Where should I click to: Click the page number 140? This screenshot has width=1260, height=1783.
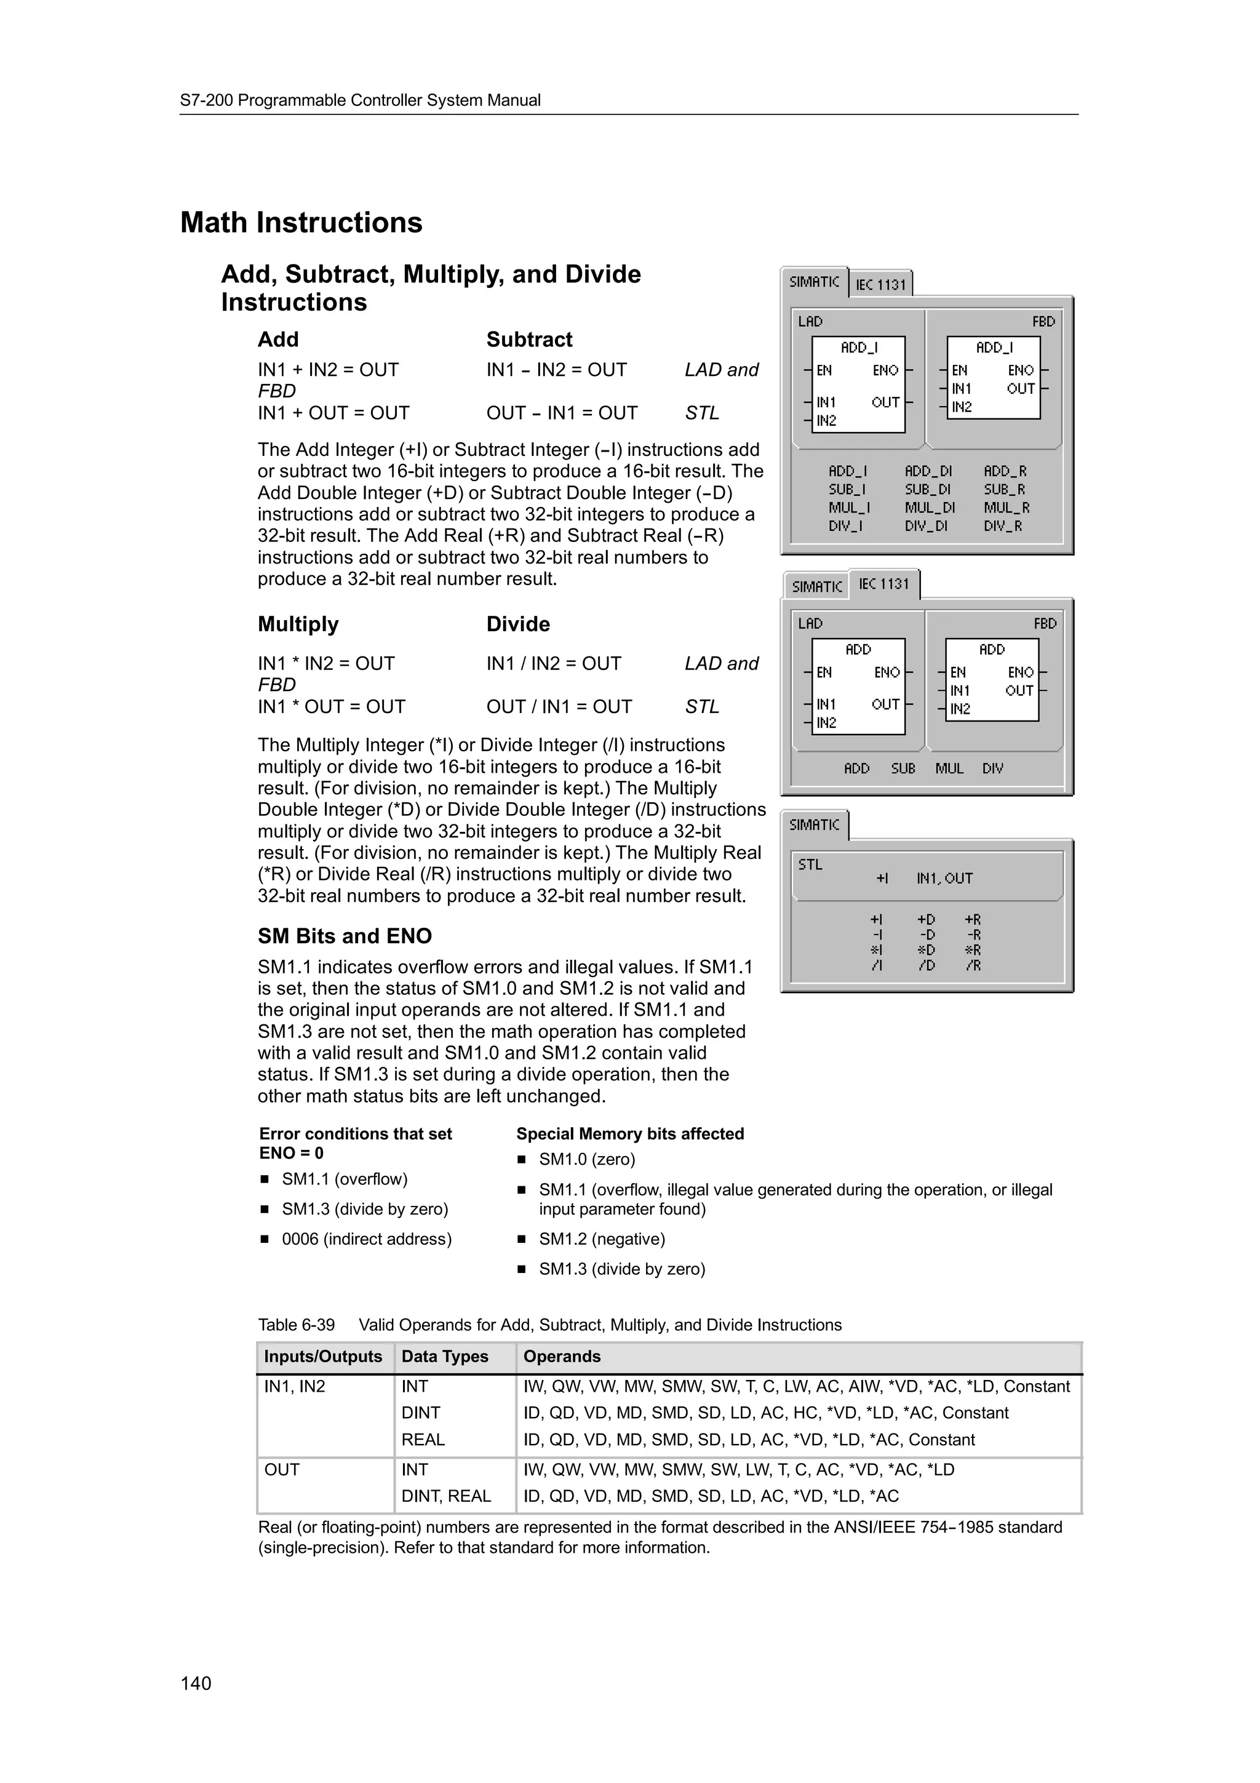(196, 1683)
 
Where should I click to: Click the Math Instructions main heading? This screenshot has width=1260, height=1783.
(301, 223)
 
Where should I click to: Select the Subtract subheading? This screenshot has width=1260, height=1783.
(528, 340)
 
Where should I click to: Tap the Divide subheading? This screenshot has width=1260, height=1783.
(518, 624)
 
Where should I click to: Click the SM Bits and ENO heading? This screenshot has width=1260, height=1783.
(345, 936)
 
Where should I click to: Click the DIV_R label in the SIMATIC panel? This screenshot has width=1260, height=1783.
(1003, 526)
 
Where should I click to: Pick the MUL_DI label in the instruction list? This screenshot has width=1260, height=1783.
(929, 508)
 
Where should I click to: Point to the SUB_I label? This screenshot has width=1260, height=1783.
(847, 489)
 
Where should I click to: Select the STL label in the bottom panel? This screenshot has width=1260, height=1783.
(810, 864)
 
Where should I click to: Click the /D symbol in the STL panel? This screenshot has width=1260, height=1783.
(926, 965)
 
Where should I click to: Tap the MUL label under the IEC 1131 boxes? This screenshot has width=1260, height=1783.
(949, 768)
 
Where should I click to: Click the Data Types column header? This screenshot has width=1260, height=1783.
(445, 1357)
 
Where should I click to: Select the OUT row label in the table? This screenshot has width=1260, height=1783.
(282, 1469)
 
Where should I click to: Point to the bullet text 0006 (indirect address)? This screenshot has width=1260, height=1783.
(367, 1239)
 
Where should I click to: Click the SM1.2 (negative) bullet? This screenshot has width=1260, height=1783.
(602, 1239)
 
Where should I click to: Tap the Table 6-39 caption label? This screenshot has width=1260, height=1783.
(297, 1325)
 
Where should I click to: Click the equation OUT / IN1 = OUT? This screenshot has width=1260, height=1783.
(559, 707)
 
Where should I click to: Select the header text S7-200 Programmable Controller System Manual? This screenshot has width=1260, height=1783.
(361, 100)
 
